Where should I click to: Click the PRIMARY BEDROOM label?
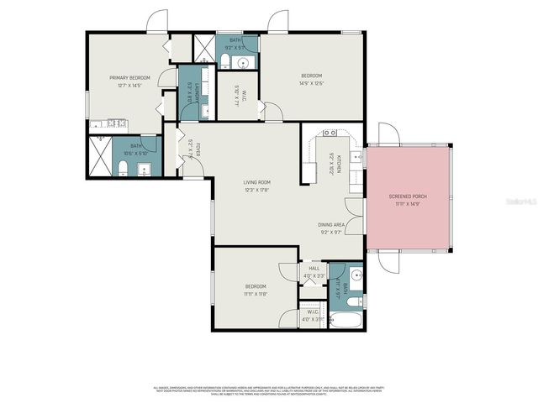[x=135, y=77]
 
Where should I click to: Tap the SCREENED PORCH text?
[x=408, y=196]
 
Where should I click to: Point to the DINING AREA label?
[x=332, y=224]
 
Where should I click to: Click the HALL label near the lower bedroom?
[x=314, y=269]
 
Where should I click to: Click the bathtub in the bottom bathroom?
[x=345, y=319]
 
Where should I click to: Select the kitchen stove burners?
[x=330, y=133]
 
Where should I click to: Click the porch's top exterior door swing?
[x=386, y=133]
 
